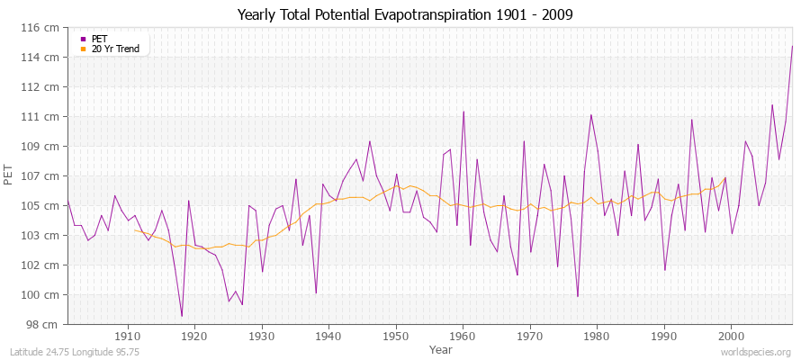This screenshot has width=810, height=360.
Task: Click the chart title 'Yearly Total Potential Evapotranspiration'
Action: [404, 14]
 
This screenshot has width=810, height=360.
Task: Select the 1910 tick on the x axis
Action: [128, 336]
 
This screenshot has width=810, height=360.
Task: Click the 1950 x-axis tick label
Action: [395, 336]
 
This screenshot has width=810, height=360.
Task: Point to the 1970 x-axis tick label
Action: [529, 336]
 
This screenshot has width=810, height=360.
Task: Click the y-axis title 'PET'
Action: [9, 176]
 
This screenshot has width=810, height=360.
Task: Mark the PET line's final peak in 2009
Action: [792, 46]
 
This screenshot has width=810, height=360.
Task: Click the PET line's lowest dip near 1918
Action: [182, 316]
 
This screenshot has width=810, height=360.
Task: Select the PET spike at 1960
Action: [463, 112]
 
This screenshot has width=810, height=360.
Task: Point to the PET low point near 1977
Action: [577, 296]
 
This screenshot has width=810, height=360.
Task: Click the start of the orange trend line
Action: [135, 230]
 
